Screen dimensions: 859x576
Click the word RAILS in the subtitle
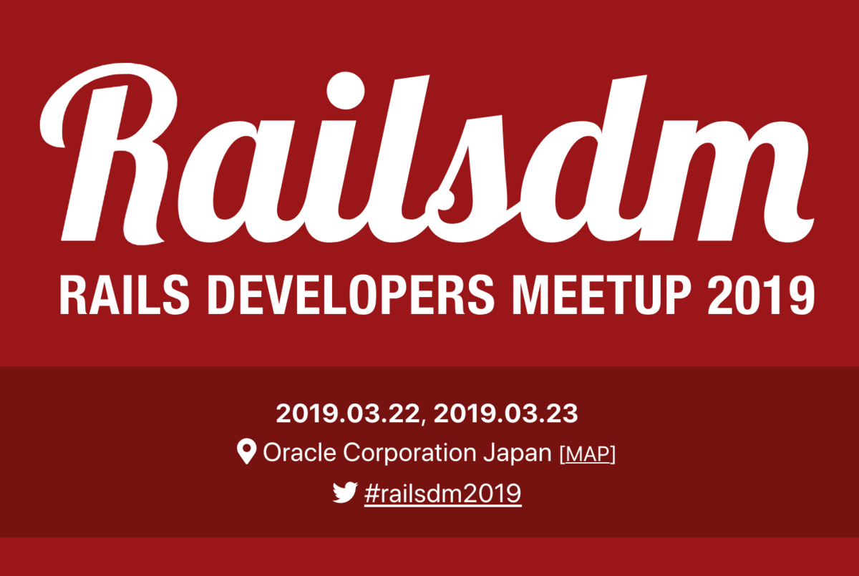pos(125,296)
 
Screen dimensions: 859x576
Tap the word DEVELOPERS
pos(351,296)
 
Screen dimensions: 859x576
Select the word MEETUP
pos(602,296)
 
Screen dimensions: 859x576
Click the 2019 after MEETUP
pos(761,296)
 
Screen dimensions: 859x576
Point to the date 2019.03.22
pos(348,414)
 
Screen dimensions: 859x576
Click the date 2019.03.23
pos(505,414)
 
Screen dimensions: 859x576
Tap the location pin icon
pos(246,451)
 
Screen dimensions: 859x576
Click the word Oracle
pos(299,453)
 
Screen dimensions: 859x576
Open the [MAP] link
pos(588,454)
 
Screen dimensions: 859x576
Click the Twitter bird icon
pos(345,492)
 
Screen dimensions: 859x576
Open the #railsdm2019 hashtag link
pos(443,494)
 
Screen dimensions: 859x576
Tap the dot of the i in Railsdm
pos(346,90)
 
